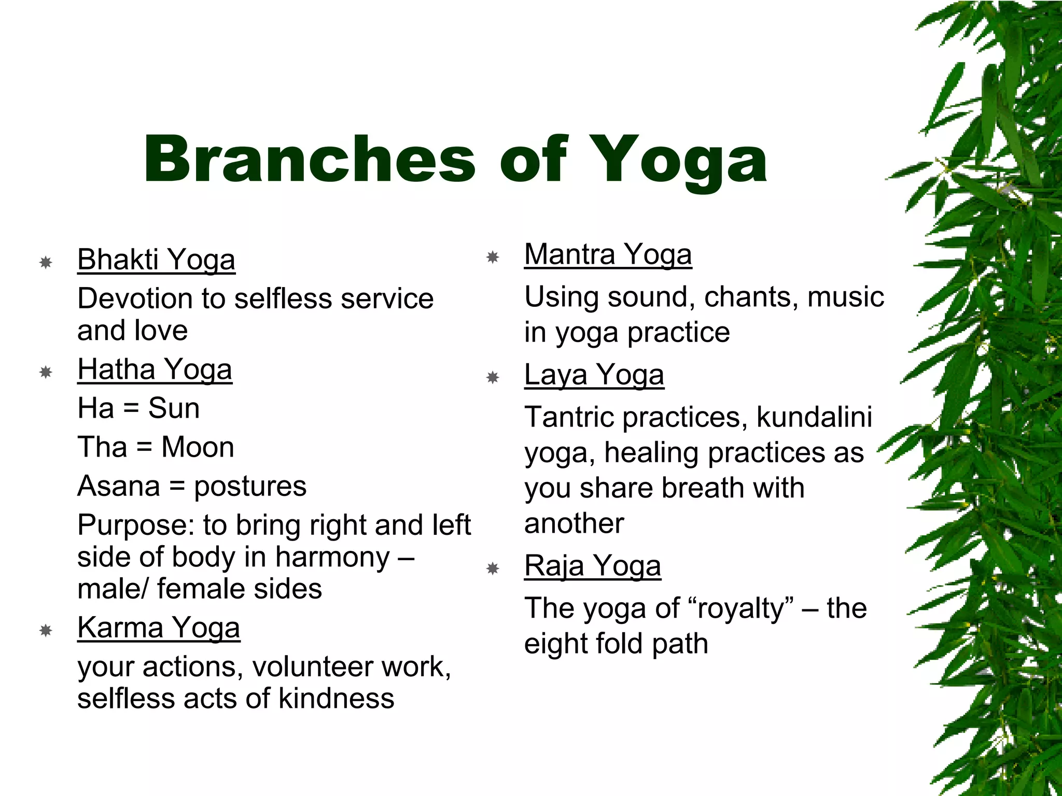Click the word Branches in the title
309,159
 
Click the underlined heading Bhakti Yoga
156,260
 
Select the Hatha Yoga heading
155,369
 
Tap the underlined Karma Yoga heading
159,628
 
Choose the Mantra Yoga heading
608,254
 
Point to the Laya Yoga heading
594,375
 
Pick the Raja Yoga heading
592,566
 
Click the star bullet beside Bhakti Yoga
46,262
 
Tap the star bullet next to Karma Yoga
46,631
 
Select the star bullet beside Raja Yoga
493,569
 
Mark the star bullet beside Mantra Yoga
493,257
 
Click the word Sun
174,408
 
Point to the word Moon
198,447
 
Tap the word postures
250,487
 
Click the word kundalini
814,417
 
